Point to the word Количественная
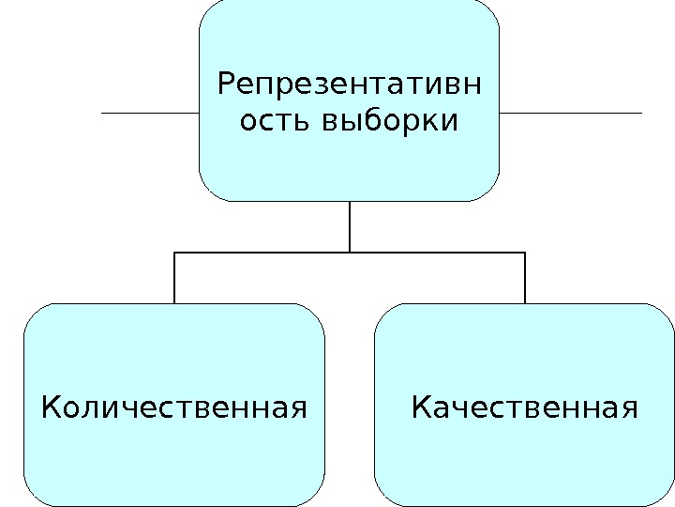pyautogui.click(x=175, y=408)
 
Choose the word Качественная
pyautogui.click(x=525, y=408)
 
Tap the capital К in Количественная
pyautogui.click(x=52, y=408)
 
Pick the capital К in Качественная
pyautogui.click(x=421, y=408)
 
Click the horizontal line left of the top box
pyautogui.click(x=150, y=113)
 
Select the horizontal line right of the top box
pyautogui.click(x=570, y=113)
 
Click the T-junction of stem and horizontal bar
pyautogui.click(x=349, y=252)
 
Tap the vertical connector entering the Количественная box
pyautogui.click(x=174, y=278)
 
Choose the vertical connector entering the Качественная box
pyautogui.click(x=525, y=278)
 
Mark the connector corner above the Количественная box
pyautogui.click(x=174, y=252)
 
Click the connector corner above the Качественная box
pyautogui.click(x=525, y=252)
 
